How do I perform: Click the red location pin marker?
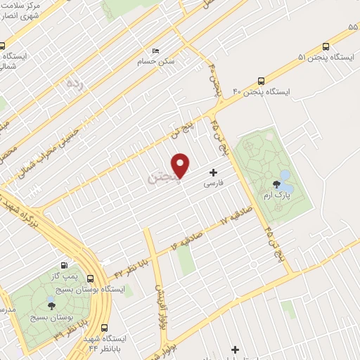point(181,165)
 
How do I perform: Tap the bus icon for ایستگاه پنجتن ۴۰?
point(262,81)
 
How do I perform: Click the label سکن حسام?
point(157,61)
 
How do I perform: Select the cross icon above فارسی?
point(213,172)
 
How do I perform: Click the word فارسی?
point(213,183)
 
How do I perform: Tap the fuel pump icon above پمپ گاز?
point(65,266)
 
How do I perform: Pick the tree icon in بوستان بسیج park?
point(50,306)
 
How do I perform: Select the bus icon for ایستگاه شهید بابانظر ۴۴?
point(105,328)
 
